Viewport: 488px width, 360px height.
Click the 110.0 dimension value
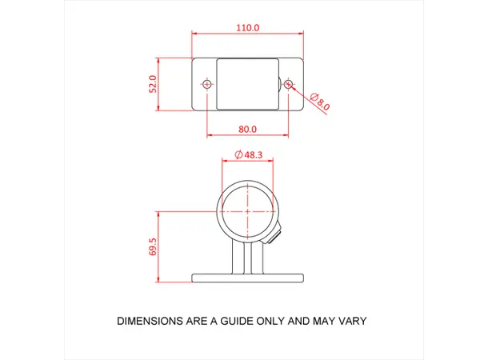[x=248, y=27]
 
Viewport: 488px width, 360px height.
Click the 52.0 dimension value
[x=153, y=84]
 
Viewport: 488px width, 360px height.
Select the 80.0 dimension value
[x=247, y=129]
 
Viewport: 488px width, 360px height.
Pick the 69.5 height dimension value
[x=153, y=246]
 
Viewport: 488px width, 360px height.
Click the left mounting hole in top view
[x=207, y=84]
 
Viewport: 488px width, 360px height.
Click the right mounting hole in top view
[x=289, y=84]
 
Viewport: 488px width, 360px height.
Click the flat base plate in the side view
[x=248, y=278]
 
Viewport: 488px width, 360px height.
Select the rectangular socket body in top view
[x=248, y=84]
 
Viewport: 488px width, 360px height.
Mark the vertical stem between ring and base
[x=248, y=258]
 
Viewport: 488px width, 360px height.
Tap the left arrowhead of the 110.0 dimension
[x=194, y=34]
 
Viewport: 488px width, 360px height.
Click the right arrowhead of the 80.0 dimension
[x=286, y=135]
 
